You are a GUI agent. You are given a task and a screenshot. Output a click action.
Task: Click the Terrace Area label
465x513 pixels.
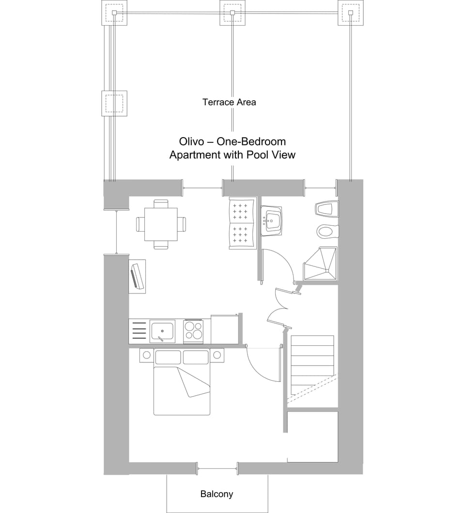click(x=229, y=102)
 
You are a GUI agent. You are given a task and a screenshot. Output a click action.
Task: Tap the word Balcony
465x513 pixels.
click(x=217, y=494)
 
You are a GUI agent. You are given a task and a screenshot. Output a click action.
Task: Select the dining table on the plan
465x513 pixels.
click(x=161, y=224)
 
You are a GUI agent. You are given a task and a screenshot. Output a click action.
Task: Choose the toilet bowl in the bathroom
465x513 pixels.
click(x=326, y=232)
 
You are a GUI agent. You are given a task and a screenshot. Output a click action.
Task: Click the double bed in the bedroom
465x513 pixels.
click(x=182, y=390)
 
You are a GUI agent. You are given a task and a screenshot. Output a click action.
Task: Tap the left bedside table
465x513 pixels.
click(x=146, y=356)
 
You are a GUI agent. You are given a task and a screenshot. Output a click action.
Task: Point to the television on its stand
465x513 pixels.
click(x=137, y=277)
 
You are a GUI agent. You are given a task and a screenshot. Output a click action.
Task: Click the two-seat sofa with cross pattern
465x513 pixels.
click(x=242, y=223)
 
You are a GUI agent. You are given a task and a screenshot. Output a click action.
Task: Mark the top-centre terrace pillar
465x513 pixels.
click(x=232, y=13)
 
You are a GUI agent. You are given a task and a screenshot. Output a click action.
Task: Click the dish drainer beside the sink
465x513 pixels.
click(x=139, y=331)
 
